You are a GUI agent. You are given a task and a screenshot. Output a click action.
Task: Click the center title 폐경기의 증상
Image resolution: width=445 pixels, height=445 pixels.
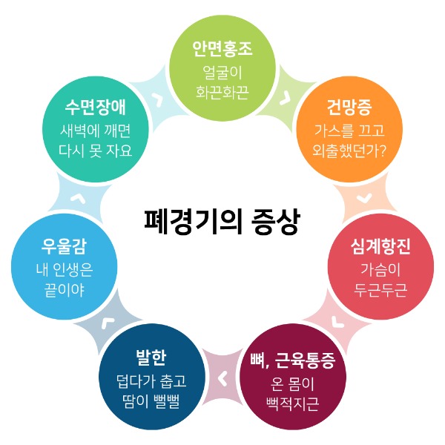[222, 222]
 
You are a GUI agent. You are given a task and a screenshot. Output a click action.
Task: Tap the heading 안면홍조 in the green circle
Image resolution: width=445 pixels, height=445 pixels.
[222, 49]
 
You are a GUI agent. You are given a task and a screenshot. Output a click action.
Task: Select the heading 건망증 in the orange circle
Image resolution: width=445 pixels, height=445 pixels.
[349, 108]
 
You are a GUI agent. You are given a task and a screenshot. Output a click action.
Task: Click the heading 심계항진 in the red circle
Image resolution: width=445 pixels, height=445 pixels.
[380, 246]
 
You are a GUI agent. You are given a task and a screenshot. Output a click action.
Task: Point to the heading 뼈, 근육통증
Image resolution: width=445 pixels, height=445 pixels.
[293, 360]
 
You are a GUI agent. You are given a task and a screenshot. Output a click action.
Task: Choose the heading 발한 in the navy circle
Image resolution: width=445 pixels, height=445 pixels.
[151, 357]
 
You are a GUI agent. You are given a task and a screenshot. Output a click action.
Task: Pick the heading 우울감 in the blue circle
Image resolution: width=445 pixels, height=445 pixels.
[64, 246]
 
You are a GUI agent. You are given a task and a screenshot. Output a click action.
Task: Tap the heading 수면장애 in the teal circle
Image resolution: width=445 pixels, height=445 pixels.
[96, 108]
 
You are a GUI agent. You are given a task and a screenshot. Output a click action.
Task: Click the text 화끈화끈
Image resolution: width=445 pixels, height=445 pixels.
[222, 92]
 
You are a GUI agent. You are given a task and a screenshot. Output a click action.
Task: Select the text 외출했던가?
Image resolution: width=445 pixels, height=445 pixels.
[349, 151]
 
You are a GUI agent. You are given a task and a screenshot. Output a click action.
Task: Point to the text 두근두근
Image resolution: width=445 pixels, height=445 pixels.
[380, 290]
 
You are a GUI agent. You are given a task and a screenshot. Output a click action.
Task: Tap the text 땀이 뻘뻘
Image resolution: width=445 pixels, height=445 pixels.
[151, 401]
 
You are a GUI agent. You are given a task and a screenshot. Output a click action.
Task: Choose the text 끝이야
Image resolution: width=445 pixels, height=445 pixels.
[64, 290]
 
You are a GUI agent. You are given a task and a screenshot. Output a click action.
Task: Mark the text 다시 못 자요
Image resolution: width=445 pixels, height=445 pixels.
[96, 151]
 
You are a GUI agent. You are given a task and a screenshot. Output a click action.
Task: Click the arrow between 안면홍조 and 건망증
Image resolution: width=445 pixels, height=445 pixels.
[286, 98]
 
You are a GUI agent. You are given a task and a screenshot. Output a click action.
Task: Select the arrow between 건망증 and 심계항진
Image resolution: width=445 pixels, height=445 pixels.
[364, 198]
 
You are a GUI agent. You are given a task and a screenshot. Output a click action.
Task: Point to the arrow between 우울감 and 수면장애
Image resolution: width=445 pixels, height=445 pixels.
[78, 199]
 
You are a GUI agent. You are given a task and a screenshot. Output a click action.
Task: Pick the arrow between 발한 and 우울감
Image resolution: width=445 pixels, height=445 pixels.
[108, 323]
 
